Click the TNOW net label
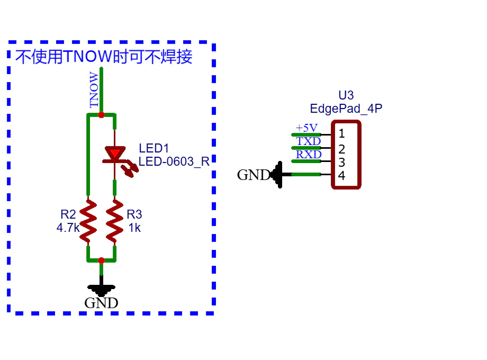click(94, 90)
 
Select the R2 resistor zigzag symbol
click(88, 221)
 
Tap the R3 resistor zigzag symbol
click(115, 221)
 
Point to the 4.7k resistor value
click(68, 228)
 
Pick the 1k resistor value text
click(134, 228)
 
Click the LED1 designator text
click(154, 148)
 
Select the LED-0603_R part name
click(174, 161)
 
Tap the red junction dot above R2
click(101, 115)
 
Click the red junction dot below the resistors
click(101, 260)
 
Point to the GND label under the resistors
click(101, 303)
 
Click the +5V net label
click(306, 128)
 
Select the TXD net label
click(309, 141)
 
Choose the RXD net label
click(309, 155)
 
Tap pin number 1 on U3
click(341, 133)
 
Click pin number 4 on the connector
click(341, 176)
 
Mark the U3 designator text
click(346, 95)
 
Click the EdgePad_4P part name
click(346, 109)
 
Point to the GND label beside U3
click(254, 175)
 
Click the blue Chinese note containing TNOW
click(104, 57)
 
